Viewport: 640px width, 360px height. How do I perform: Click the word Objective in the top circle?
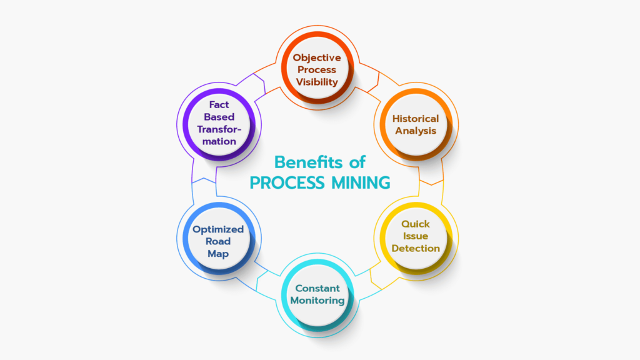point(317,58)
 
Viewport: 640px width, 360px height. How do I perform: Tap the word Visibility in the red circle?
point(317,82)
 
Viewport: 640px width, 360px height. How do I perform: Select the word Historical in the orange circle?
point(416,119)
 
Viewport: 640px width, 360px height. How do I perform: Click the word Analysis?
point(416,131)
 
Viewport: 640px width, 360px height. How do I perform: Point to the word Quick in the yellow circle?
point(416,224)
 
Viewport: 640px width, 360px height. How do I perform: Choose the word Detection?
point(416,248)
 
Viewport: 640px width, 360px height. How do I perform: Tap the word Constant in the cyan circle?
point(317,288)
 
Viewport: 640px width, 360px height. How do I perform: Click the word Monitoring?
point(317,301)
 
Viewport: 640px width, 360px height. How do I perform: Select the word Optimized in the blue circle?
point(218,229)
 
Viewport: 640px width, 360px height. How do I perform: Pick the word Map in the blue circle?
point(218,254)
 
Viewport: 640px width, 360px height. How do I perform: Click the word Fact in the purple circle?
point(219,105)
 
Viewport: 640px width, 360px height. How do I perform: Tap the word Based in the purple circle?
point(219,117)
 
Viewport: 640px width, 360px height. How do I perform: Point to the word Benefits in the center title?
point(309,162)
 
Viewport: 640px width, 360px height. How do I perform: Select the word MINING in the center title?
point(361,183)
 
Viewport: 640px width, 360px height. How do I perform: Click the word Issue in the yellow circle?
point(416,236)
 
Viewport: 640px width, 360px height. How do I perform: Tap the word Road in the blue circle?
point(218,242)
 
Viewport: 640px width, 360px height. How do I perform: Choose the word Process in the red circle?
point(317,70)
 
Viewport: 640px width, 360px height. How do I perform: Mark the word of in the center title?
point(357,162)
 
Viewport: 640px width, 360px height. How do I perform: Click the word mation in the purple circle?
point(219,142)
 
